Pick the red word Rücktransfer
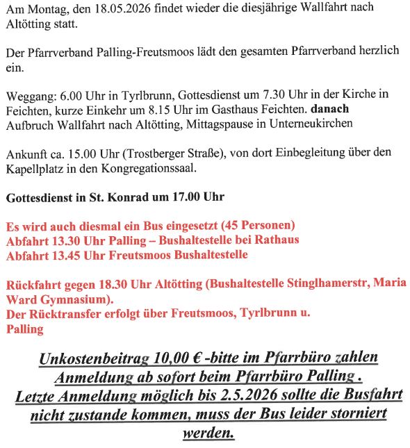tap(65, 313)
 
